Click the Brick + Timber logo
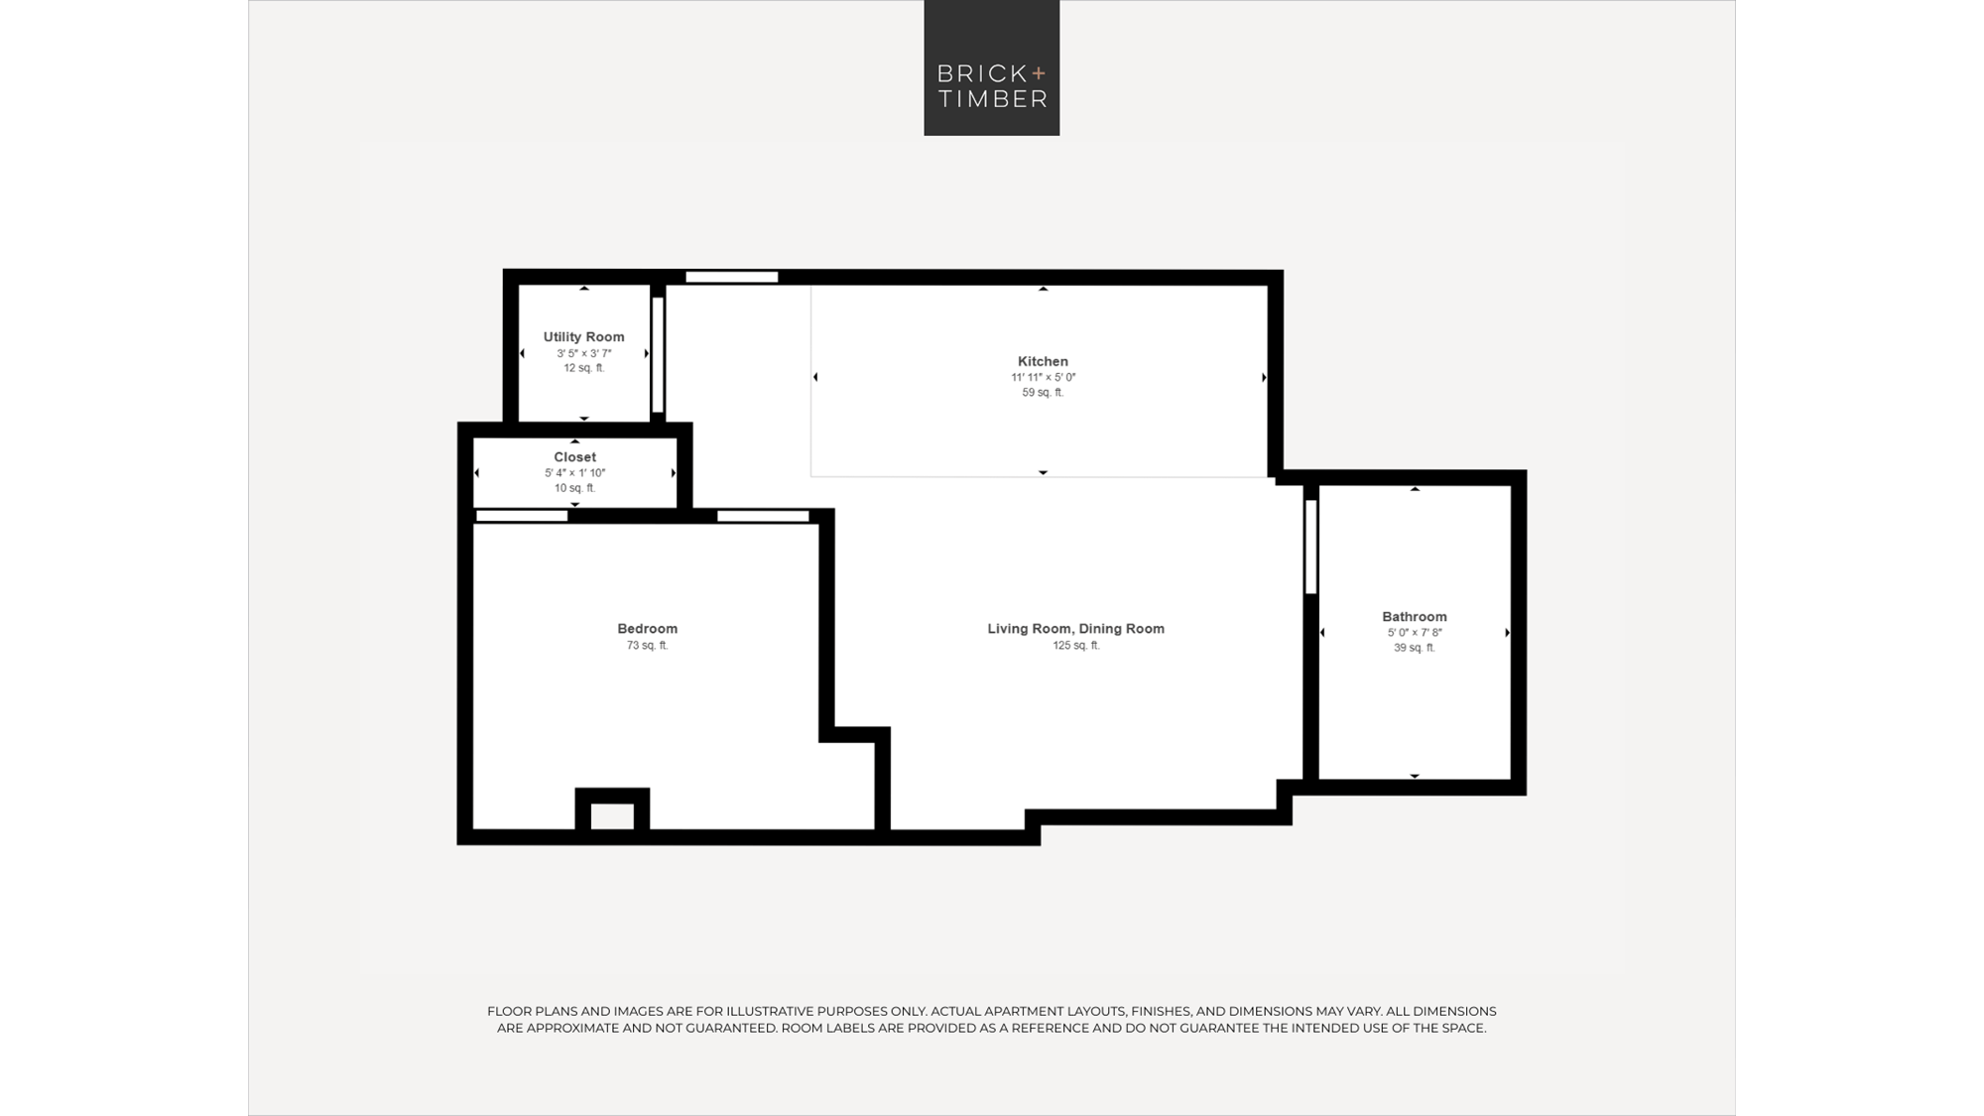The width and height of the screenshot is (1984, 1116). pyautogui.click(x=991, y=67)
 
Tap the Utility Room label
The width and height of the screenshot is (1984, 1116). pyautogui.click(x=583, y=337)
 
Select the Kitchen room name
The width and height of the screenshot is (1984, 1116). pyautogui.click(x=1043, y=361)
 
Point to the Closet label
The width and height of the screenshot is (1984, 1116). pyautogui.click(x=574, y=457)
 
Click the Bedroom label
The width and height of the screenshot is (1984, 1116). pyautogui.click(x=647, y=629)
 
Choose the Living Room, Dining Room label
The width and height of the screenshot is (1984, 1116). pyautogui.click(x=1075, y=629)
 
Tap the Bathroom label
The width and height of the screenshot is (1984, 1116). pyautogui.click(x=1414, y=617)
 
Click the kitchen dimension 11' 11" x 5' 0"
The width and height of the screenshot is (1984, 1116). pyautogui.click(x=1043, y=378)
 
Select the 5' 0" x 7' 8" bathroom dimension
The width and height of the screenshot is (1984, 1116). pyautogui.click(x=1414, y=633)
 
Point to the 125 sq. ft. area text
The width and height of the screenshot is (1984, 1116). pyautogui.click(x=1075, y=646)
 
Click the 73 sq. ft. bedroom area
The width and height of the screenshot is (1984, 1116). pyautogui.click(x=647, y=646)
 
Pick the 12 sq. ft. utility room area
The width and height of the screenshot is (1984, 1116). pyautogui.click(x=583, y=368)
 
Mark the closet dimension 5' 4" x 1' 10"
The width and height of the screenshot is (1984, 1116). pyautogui.click(x=574, y=473)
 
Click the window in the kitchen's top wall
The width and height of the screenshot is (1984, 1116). pyautogui.click(x=732, y=277)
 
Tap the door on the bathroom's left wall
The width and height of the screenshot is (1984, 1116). pyautogui.click(x=1310, y=547)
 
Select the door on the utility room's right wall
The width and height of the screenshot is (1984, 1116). pyautogui.click(x=657, y=354)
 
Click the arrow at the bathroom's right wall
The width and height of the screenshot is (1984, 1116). pyautogui.click(x=1508, y=633)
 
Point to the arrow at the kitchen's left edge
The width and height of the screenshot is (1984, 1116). pyautogui.click(x=815, y=377)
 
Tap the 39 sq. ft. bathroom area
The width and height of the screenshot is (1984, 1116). pyautogui.click(x=1414, y=648)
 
